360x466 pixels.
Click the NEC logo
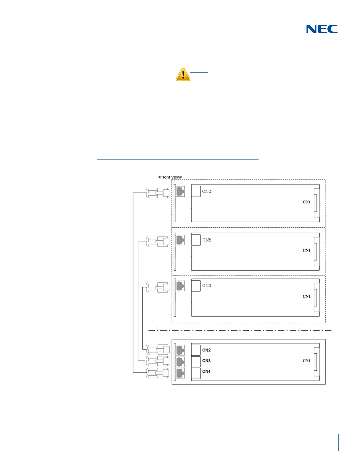click(x=322, y=29)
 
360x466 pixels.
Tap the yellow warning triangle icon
click(x=183, y=74)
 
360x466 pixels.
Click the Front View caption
click(x=170, y=177)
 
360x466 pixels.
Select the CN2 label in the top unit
click(x=206, y=191)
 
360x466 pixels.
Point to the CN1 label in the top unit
click(x=306, y=202)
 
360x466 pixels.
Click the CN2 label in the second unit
click(x=207, y=240)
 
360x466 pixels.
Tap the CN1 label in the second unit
click(x=306, y=251)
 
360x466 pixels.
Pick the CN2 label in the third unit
click(x=207, y=286)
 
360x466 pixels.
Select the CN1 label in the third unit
click(x=306, y=297)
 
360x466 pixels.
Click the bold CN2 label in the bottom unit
click(x=206, y=350)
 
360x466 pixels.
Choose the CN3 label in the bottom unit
click(x=206, y=361)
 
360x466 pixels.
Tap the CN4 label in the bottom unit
click(x=206, y=371)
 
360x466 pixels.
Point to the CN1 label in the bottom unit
click(x=306, y=361)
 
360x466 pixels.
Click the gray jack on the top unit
click(x=180, y=192)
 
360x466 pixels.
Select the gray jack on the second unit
click(x=180, y=240)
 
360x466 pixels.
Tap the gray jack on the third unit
click(x=180, y=286)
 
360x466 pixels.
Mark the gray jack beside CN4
click(x=180, y=373)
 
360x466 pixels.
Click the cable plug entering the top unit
click(x=162, y=193)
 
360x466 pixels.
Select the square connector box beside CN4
click(x=196, y=373)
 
